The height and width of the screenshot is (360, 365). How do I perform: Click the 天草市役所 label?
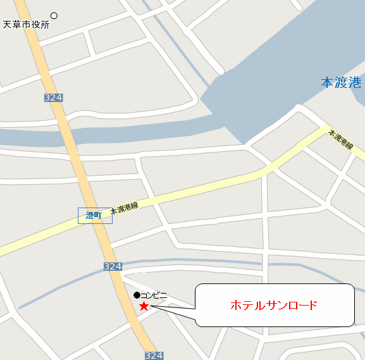(x=27, y=25)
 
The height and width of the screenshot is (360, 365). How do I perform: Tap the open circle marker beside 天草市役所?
(x=54, y=16)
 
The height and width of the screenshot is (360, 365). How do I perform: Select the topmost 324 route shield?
(x=54, y=97)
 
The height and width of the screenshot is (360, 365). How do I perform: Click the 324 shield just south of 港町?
(x=113, y=266)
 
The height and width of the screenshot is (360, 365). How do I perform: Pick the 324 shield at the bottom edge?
(x=154, y=356)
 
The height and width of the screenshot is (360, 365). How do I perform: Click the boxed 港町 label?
(x=94, y=216)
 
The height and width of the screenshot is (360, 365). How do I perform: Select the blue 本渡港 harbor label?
(x=341, y=83)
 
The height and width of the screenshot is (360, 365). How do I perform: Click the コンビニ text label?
(x=154, y=295)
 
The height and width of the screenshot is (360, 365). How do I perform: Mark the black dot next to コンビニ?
(x=137, y=295)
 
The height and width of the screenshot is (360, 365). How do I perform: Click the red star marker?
(x=144, y=307)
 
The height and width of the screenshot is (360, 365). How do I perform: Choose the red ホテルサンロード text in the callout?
(x=273, y=306)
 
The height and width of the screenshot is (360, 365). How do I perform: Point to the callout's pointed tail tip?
(x=152, y=307)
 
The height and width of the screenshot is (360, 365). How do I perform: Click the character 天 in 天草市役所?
(x=8, y=25)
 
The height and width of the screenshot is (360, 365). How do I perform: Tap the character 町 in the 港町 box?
(x=98, y=216)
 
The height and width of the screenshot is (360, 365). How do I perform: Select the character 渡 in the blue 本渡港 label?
(x=341, y=83)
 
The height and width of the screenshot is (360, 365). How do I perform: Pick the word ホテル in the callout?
(x=245, y=306)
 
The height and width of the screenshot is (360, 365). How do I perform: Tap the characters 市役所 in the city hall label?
(x=35, y=25)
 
